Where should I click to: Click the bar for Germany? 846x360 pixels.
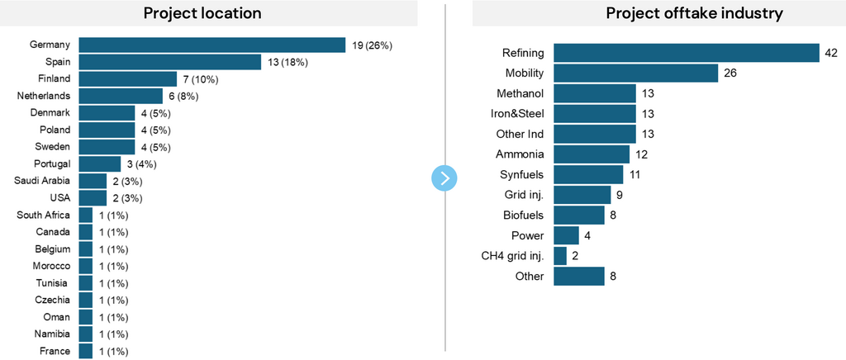click(x=211, y=45)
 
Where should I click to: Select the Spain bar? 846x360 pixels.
click(x=169, y=62)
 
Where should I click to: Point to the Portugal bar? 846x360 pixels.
click(x=100, y=163)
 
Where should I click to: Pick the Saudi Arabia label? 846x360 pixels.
click(x=42, y=181)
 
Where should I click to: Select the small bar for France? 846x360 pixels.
click(x=86, y=351)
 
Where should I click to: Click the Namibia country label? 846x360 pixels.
click(x=53, y=334)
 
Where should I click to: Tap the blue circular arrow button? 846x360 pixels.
click(x=444, y=178)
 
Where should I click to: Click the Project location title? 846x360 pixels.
click(x=202, y=13)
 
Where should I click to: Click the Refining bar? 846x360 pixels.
click(x=686, y=53)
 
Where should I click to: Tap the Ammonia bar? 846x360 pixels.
click(x=592, y=154)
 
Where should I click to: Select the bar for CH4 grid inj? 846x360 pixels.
click(x=560, y=255)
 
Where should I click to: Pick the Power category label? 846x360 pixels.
click(x=528, y=234)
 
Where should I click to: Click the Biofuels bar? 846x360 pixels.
click(x=578, y=215)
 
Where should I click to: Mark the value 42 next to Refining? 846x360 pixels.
click(x=831, y=53)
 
